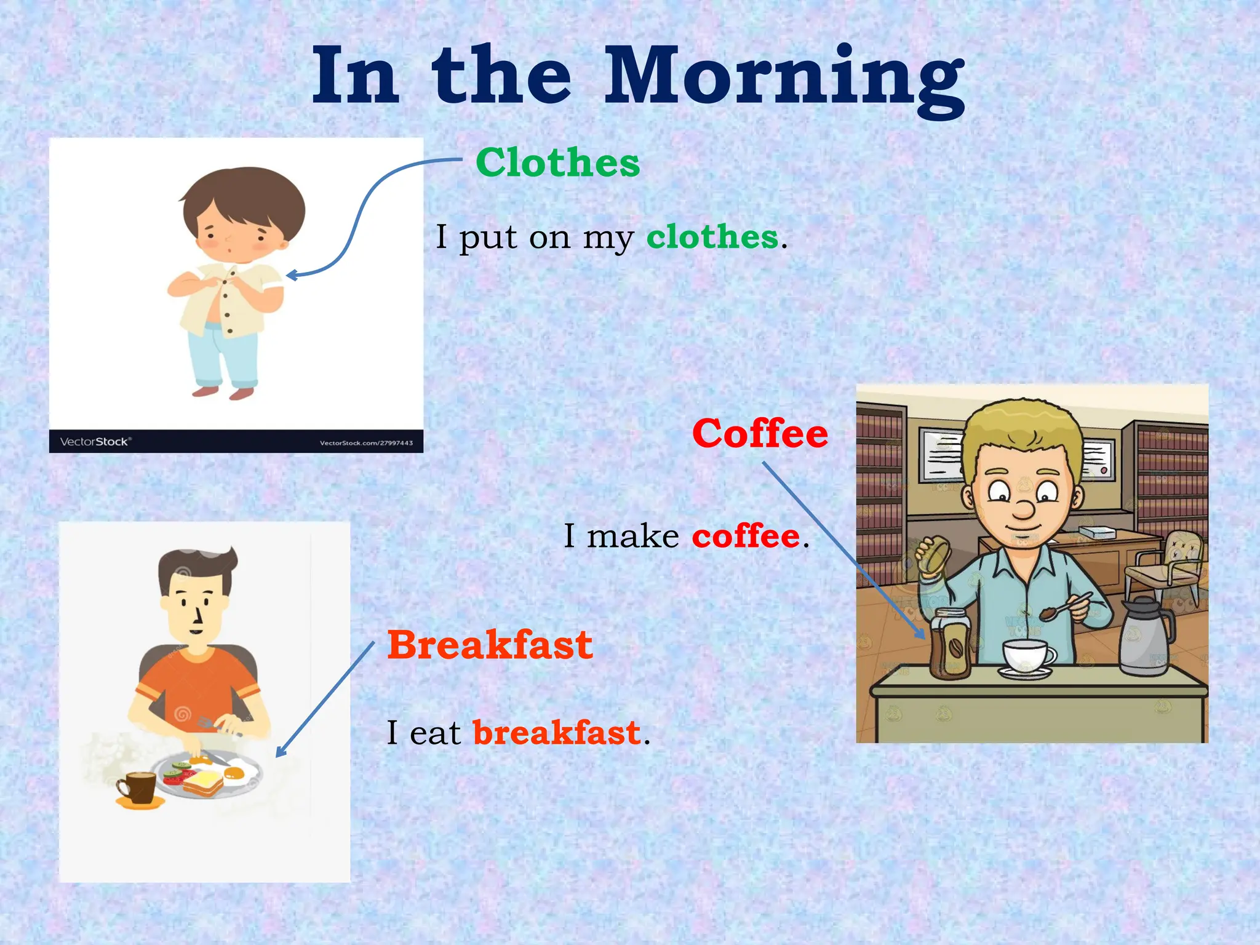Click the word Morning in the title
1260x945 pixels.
click(784, 77)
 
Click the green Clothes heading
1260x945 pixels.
click(557, 163)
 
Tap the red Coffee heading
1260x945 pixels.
click(760, 434)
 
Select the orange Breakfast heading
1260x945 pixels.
click(490, 645)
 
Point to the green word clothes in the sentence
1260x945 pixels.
click(712, 237)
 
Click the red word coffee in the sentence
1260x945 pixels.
click(746, 536)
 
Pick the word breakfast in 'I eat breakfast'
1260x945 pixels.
click(557, 733)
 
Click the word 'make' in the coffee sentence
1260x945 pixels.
click(633, 536)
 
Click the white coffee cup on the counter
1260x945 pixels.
click(1026, 655)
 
